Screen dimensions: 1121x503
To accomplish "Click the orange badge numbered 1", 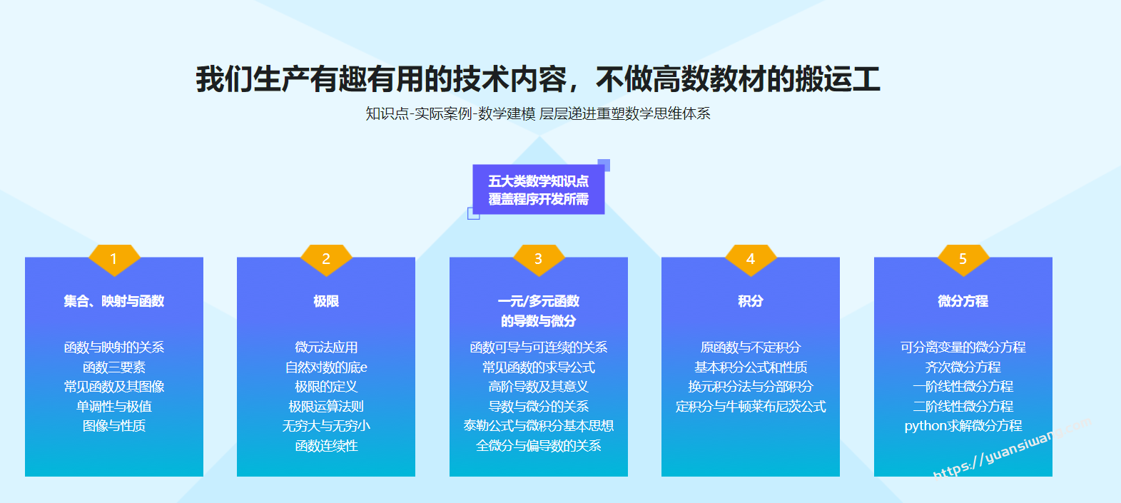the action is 114,259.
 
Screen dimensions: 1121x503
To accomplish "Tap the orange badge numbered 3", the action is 539,259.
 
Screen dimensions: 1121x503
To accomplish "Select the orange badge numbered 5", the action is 963,259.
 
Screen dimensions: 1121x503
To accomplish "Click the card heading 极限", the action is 326,301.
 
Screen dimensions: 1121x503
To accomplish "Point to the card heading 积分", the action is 750,301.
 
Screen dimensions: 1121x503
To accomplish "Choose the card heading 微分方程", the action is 963,301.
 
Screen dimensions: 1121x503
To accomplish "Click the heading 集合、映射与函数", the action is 114,301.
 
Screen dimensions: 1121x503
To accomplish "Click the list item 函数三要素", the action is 114,367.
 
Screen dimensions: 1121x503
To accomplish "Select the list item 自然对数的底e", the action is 326,367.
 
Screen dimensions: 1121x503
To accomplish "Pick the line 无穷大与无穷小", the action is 326,426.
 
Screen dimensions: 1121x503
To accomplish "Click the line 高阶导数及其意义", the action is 539,387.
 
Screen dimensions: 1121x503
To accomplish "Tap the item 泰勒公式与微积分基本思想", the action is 539,426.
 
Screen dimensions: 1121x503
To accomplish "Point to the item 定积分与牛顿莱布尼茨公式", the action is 750,407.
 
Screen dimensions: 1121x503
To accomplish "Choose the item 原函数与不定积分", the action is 750,347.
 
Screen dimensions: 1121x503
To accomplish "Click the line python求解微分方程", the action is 963,426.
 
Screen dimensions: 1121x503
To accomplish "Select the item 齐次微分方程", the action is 963,367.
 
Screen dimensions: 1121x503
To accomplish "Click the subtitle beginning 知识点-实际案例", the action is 538,113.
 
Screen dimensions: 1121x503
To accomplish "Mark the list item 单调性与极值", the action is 114,407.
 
